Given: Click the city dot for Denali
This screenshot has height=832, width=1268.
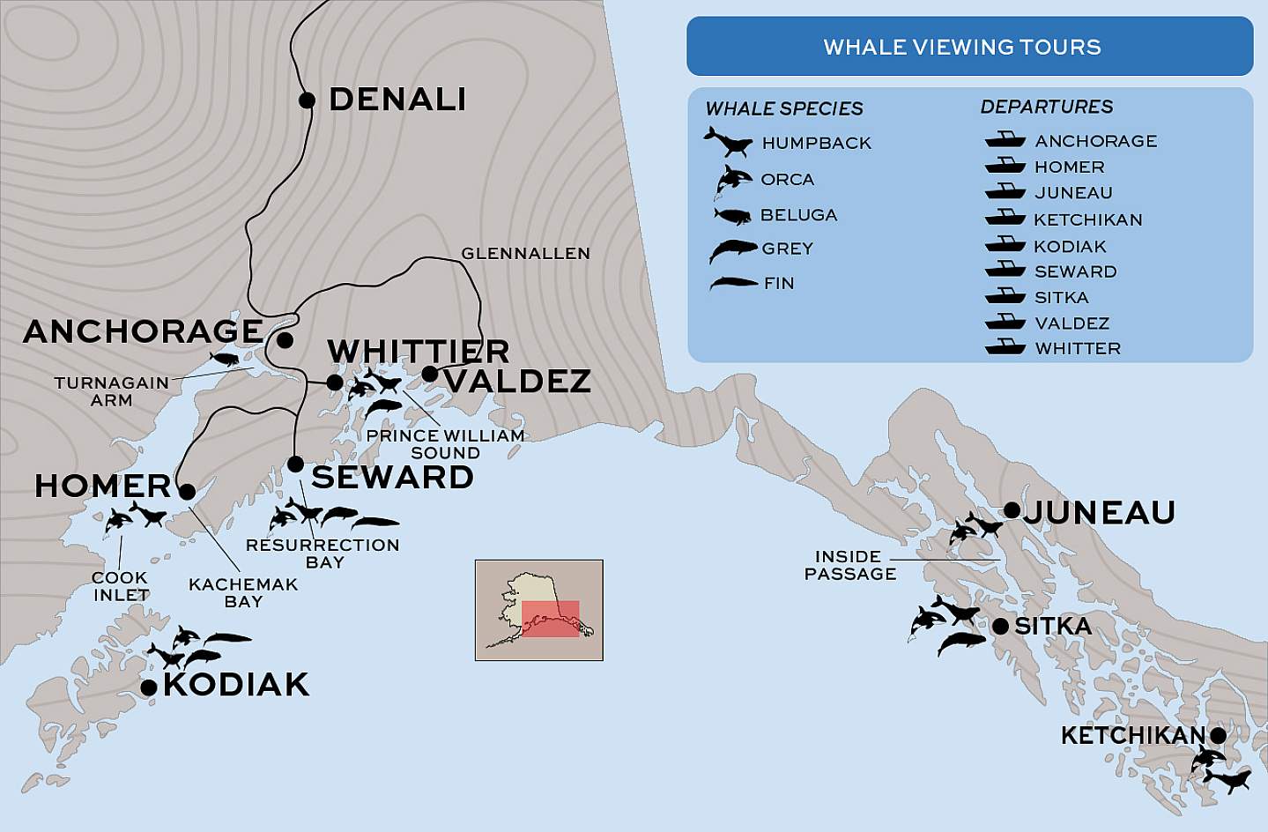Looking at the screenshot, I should coord(307,100).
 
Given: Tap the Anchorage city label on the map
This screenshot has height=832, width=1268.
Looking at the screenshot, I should coord(144,331).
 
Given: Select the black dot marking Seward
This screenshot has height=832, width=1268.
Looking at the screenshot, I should coord(296,464).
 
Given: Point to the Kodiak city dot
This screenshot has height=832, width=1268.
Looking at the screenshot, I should coord(149,687).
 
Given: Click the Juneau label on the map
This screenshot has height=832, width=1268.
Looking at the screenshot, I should coord(1099,512).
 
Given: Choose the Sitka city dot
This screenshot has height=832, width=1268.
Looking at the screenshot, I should coord(1000,627).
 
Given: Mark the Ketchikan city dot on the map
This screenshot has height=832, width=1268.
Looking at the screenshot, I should coord(1218,735).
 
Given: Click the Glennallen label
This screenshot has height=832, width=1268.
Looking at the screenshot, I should coord(525,254).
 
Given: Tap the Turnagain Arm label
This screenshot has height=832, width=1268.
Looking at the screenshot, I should coord(112,391).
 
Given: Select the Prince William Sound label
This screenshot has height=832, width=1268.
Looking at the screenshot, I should coord(445,444).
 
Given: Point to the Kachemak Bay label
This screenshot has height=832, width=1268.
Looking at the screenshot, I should coord(243,593).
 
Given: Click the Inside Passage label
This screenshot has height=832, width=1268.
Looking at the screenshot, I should coord(850,565).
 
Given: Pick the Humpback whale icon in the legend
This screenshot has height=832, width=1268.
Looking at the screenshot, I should coord(728,141).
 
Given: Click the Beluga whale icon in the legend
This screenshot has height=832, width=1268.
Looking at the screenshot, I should coord(731,215).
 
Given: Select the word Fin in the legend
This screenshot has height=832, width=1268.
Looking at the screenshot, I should coord(779,284).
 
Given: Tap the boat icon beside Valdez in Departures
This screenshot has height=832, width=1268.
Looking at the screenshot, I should coord(1005,323).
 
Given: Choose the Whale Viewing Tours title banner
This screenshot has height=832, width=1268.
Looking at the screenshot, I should coord(969,47).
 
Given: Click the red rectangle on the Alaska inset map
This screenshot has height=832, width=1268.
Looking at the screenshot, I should coord(550,619).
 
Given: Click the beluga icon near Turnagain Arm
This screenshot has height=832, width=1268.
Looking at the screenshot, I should coord(224,359).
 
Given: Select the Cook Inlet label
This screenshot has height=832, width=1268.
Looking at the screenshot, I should coord(121,586).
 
